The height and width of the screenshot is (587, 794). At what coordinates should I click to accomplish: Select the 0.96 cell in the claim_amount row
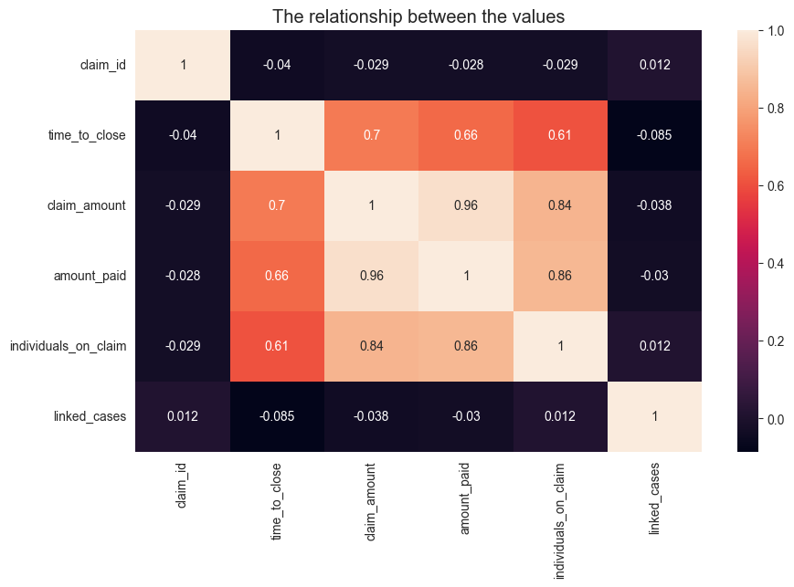[466, 205]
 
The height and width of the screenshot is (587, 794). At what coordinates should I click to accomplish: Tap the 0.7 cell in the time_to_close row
[372, 135]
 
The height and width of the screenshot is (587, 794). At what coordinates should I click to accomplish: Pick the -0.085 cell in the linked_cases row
[277, 416]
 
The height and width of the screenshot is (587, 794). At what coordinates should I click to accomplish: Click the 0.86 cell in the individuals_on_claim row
[466, 346]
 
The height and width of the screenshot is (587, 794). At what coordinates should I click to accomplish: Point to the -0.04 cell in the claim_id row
[277, 65]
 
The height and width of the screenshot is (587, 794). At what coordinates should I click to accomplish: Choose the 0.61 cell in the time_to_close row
[560, 135]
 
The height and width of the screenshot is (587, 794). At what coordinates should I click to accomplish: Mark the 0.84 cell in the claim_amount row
[560, 205]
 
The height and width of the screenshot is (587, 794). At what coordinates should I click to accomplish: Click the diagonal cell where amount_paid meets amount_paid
[466, 276]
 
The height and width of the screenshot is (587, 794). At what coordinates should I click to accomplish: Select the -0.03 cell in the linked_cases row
[466, 416]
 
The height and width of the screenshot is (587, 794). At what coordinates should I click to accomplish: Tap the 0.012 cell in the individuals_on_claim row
[654, 346]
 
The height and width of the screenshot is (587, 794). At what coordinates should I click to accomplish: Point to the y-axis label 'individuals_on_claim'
[69, 346]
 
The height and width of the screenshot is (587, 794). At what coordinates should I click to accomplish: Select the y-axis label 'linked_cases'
[91, 416]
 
